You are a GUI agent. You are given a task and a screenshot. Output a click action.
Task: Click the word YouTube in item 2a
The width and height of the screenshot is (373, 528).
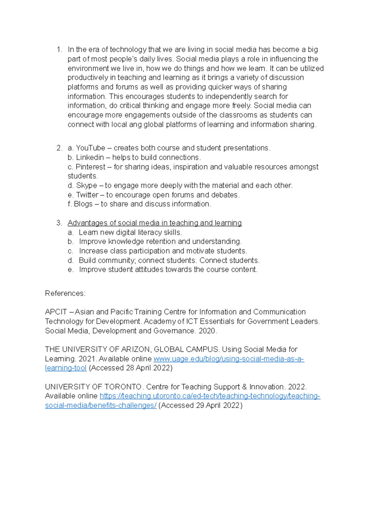click(x=90, y=148)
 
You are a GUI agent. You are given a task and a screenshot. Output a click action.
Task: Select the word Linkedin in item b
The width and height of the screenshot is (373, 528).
click(x=90, y=157)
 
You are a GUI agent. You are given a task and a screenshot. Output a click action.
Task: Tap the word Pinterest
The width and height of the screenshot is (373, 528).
click(x=90, y=167)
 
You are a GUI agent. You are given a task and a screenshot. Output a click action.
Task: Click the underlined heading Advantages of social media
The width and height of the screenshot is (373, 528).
click(x=154, y=223)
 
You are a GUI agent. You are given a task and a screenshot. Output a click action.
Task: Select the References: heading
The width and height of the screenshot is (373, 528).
click(x=65, y=294)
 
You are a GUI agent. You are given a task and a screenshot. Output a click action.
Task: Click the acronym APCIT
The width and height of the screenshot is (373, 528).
click(x=56, y=312)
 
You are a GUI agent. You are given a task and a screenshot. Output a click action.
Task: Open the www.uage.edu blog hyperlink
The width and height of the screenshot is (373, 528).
click(x=228, y=359)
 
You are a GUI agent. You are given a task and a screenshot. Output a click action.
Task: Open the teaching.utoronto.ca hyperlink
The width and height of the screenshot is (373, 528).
click(x=210, y=396)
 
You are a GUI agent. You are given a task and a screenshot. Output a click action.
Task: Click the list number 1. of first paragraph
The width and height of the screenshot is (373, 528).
click(x=59, y=50)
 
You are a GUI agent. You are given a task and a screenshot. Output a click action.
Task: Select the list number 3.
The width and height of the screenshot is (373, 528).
click(x=59, y=223)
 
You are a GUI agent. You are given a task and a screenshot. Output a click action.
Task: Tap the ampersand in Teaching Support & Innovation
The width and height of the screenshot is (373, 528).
click(x=244, y=387)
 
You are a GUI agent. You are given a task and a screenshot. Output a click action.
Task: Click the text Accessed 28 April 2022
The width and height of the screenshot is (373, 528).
click(x=131, y=368)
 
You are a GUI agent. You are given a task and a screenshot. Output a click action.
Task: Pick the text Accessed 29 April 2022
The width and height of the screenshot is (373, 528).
click(x=200, y=405)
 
